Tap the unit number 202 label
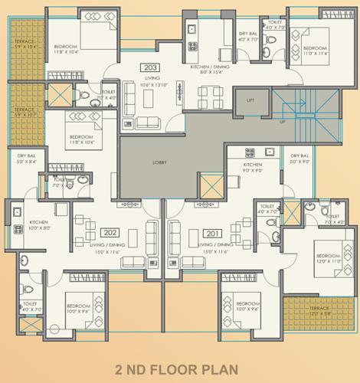[x=110, y=232]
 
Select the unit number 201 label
[x=211, y=232]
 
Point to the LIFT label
[x=250, y=100]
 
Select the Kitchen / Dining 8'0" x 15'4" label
[x=210, y=70]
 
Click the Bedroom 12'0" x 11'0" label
[x=328, y=258]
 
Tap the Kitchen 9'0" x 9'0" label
[x=254, y=168]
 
